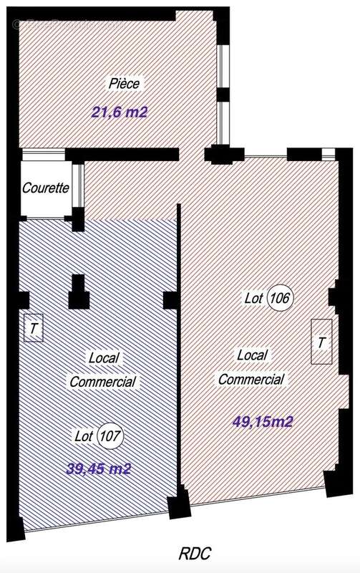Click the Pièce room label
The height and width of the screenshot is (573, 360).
124,83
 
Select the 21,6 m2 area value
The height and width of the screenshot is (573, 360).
120,112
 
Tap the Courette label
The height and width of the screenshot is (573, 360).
46,188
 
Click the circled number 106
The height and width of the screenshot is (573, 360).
281,298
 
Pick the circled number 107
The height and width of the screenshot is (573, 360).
110,435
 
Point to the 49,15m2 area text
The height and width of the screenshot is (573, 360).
263,422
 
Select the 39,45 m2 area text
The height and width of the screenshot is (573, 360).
99,468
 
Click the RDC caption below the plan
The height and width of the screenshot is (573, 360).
195,553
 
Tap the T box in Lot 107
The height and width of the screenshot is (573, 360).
34,328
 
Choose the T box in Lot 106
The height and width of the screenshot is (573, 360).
321,342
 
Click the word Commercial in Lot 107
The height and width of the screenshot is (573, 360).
102,382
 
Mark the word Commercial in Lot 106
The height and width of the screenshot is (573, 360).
251,380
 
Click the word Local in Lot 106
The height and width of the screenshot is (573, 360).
252,355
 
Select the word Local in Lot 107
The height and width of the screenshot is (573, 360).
104,357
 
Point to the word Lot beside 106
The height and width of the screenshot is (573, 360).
254,298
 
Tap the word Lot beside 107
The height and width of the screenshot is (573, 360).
84,435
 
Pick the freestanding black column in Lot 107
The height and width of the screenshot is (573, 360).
79,292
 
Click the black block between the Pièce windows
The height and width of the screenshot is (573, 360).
223,95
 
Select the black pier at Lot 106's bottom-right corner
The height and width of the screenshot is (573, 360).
334,483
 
